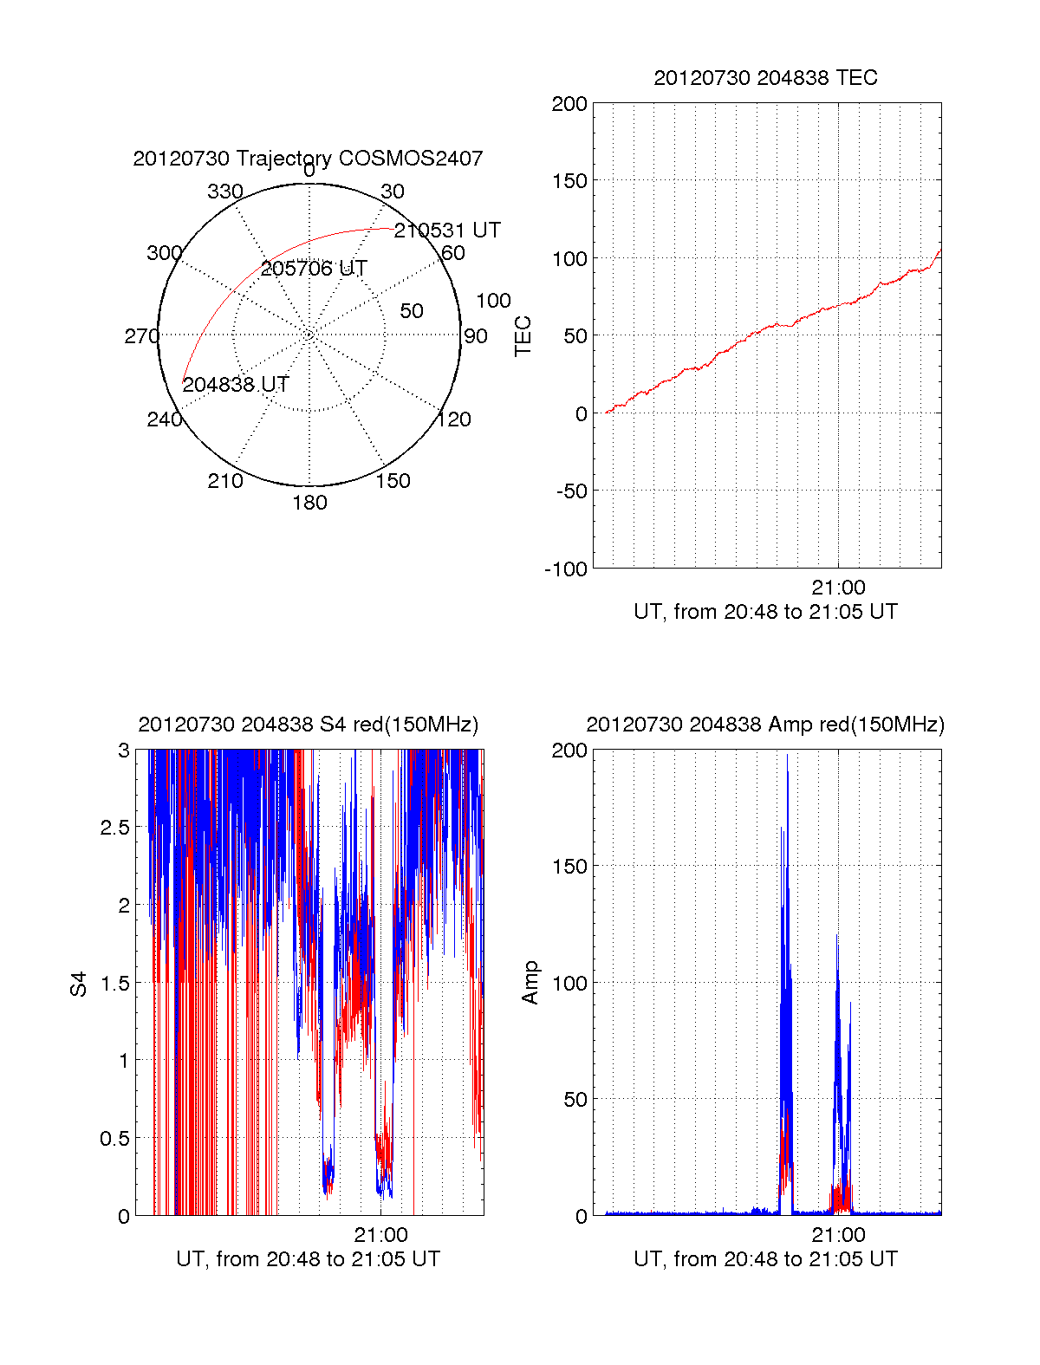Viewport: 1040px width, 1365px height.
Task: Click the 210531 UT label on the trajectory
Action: (x=447, y=231)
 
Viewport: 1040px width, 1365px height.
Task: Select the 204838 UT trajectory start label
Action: (x=236, y=385)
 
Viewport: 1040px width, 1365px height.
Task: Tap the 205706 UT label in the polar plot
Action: (x=314, y=269)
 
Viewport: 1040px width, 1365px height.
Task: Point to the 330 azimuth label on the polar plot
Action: (x=224, y=192)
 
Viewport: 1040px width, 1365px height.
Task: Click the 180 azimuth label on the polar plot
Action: (x=309, y=503)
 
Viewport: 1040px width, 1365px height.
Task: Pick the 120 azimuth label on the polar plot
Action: (x=454, y=419)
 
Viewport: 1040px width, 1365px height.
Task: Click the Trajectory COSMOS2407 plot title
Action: (x=308, y=159)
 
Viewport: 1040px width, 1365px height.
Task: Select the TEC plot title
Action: (x=765, y=78)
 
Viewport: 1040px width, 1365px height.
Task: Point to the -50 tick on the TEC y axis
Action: (x=570, y=491)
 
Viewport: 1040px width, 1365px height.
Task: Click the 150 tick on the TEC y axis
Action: (x=569, y=181)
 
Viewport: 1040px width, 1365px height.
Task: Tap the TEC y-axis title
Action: (x=523, y=335)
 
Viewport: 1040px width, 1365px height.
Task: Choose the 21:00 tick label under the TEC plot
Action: (x=838, y=588)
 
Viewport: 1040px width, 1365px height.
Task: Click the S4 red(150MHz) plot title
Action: (x=308, y=725)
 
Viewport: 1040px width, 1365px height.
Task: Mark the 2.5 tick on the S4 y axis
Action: (x=115, y=828)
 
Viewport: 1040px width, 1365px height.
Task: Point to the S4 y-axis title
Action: (x=79, y=984)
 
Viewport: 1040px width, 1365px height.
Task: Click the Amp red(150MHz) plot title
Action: (x=765, y=725)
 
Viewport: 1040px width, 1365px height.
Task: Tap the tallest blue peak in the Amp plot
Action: (x=787, y=757)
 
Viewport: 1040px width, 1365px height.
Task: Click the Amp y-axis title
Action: (x=530, y=983)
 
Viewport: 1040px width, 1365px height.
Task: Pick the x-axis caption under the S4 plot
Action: (x=308, y=1259)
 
